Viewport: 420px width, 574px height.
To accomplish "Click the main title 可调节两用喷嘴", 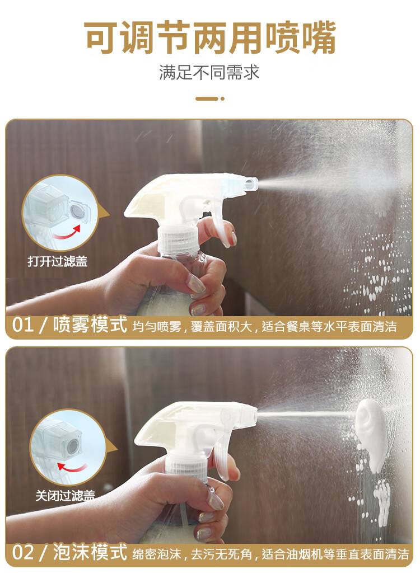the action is click(x=209, y=37).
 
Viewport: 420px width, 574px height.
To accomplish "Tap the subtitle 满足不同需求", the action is click(x=209, y=72).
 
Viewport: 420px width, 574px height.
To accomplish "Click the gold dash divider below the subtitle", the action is click(x=210, y=98).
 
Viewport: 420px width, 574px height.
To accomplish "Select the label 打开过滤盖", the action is click(x=58, y=261).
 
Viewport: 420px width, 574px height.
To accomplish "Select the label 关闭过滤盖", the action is click(x=65, y=496).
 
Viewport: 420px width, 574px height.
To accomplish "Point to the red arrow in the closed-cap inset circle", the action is click(x=72, y=467).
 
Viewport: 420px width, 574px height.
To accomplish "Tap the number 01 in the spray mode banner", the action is click(x=24, y=324).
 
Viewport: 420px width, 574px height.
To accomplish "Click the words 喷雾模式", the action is click(x=90, y=324).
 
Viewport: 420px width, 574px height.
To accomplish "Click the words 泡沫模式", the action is click(x=90, y=552).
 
